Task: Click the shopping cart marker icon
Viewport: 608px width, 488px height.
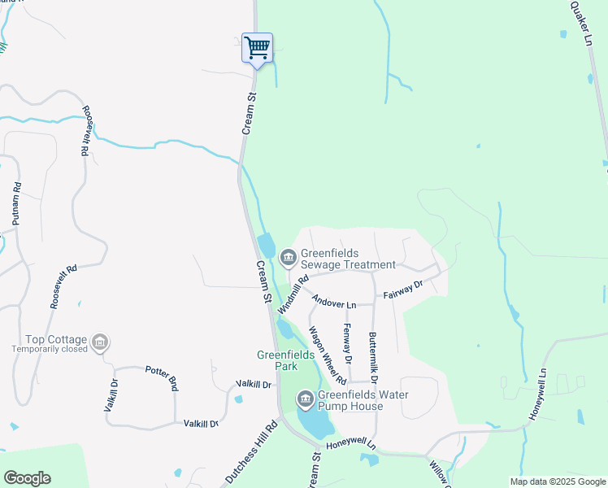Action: [x=257, y=47]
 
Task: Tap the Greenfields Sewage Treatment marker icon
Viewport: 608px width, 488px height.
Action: [x=288, y=258]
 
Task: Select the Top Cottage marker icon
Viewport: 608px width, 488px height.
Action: [x=100, y=342]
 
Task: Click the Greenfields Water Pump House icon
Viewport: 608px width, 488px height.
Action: [x=306, y=399]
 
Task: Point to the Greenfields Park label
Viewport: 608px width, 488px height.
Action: [x=277, y=360]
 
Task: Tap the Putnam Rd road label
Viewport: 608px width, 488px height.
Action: [x=16, y=203]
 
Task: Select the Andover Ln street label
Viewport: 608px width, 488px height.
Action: [x=334, y=304]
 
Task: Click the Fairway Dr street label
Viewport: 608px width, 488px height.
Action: [x=403, y=290]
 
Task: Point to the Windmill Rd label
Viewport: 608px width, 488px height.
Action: [x=293, y=294]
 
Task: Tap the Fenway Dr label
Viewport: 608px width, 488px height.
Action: [x=347, y=343]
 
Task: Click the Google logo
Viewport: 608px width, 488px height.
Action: [x=27, y=478]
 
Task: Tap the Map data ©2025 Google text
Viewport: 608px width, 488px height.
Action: [x=558, y=481]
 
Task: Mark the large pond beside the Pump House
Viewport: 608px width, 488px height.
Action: [x=316, y=421]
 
